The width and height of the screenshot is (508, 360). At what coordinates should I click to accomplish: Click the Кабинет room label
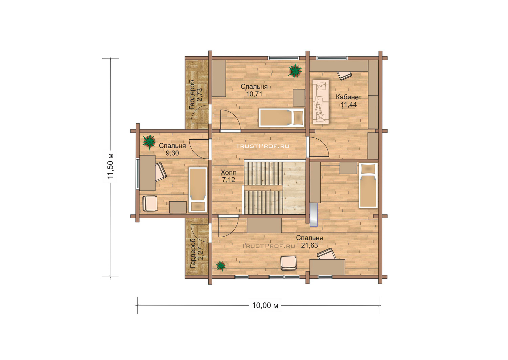(348, 97)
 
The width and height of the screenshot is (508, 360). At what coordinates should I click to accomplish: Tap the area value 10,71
(254, 94)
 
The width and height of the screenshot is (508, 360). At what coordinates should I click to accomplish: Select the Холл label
(229, 173)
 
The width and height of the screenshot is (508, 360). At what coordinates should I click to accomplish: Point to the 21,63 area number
(310, 245)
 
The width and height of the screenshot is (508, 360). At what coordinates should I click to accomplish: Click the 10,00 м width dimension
(265, 305)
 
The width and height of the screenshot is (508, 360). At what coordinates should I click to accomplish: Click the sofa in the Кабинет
(321, 102)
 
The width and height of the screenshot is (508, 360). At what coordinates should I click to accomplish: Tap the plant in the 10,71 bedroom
(295, 71)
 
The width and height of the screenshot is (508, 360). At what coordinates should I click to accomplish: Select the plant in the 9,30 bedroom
(149, 142)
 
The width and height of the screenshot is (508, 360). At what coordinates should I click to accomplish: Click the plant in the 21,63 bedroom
(220, 266)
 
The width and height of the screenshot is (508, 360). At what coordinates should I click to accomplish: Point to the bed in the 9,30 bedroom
(198, 190)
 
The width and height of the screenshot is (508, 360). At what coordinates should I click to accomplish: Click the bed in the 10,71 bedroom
(281, 118)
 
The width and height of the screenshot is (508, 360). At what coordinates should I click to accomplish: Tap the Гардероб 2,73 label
(195, 95)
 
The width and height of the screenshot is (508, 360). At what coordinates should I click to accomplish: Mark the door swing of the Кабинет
(319, 147)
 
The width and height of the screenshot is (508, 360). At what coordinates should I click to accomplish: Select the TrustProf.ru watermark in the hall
(262, 146)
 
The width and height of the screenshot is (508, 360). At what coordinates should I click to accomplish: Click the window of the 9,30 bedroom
(137, 174)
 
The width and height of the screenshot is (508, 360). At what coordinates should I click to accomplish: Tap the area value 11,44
(348, 105)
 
